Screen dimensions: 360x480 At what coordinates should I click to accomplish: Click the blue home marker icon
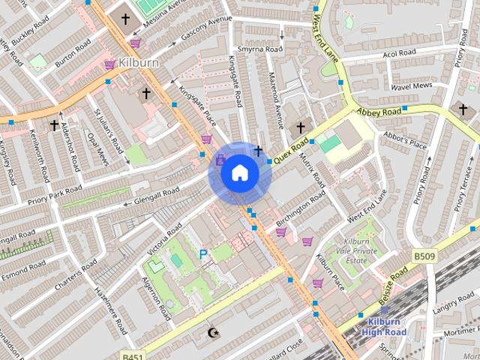[239, 173]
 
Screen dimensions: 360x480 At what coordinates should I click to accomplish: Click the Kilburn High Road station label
[383, 327]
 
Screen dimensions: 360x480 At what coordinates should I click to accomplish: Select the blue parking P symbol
[202, 255]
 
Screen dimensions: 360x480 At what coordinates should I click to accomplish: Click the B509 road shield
[423, 256]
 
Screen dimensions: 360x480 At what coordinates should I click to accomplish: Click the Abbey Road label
[379, 112]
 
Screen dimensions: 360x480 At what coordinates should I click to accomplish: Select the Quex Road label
[291, 151]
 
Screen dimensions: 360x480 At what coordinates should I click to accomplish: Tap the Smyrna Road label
[259, 49]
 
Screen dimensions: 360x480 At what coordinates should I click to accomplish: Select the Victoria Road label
[164, 238]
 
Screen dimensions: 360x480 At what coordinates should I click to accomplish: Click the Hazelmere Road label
[110, 310]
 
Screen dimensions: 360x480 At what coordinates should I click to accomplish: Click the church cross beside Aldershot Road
[54, 125]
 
